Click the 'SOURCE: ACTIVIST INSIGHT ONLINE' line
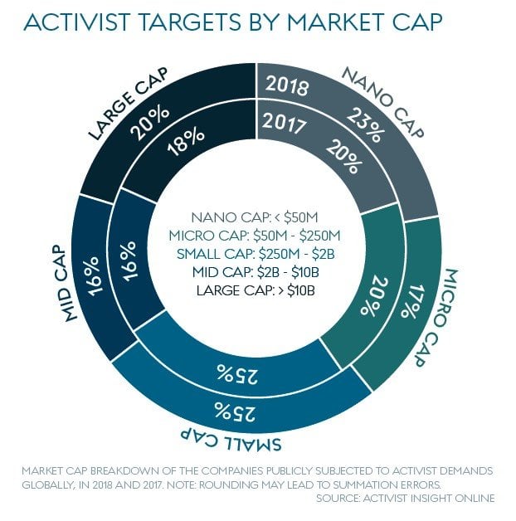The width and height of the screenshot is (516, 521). tap(404, 499)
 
